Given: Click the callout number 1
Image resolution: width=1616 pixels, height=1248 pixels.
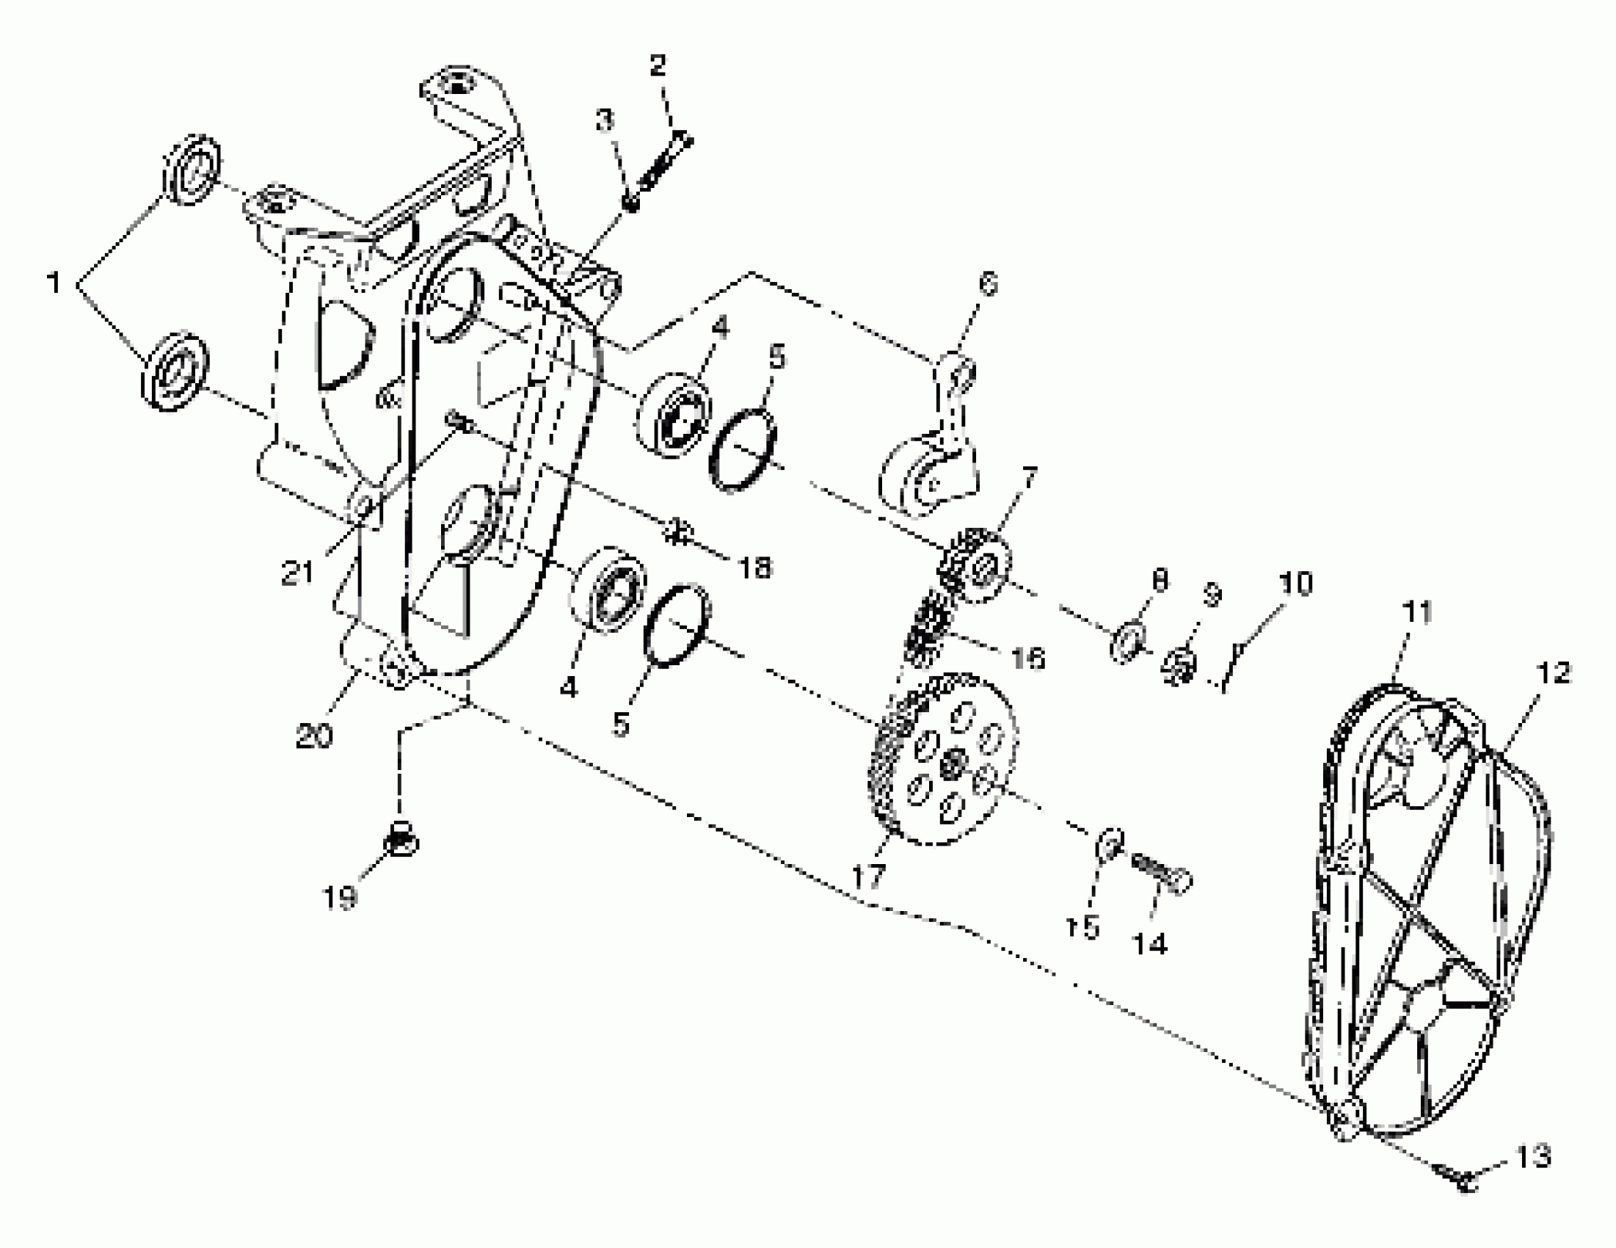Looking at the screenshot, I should tap(54, 283).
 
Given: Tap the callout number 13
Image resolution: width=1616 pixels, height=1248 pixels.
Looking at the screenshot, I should tap(1533, 1157).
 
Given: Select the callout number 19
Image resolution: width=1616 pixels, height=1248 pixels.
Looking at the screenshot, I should tap(340, 898).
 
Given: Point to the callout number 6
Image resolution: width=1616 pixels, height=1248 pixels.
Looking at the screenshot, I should tap(988, 284).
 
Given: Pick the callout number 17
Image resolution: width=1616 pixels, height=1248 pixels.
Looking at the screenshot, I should tap(868, 877).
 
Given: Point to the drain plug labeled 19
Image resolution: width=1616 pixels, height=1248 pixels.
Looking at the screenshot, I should tap(400, 841).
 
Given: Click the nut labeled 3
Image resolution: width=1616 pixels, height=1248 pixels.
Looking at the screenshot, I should tap(630, 203).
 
